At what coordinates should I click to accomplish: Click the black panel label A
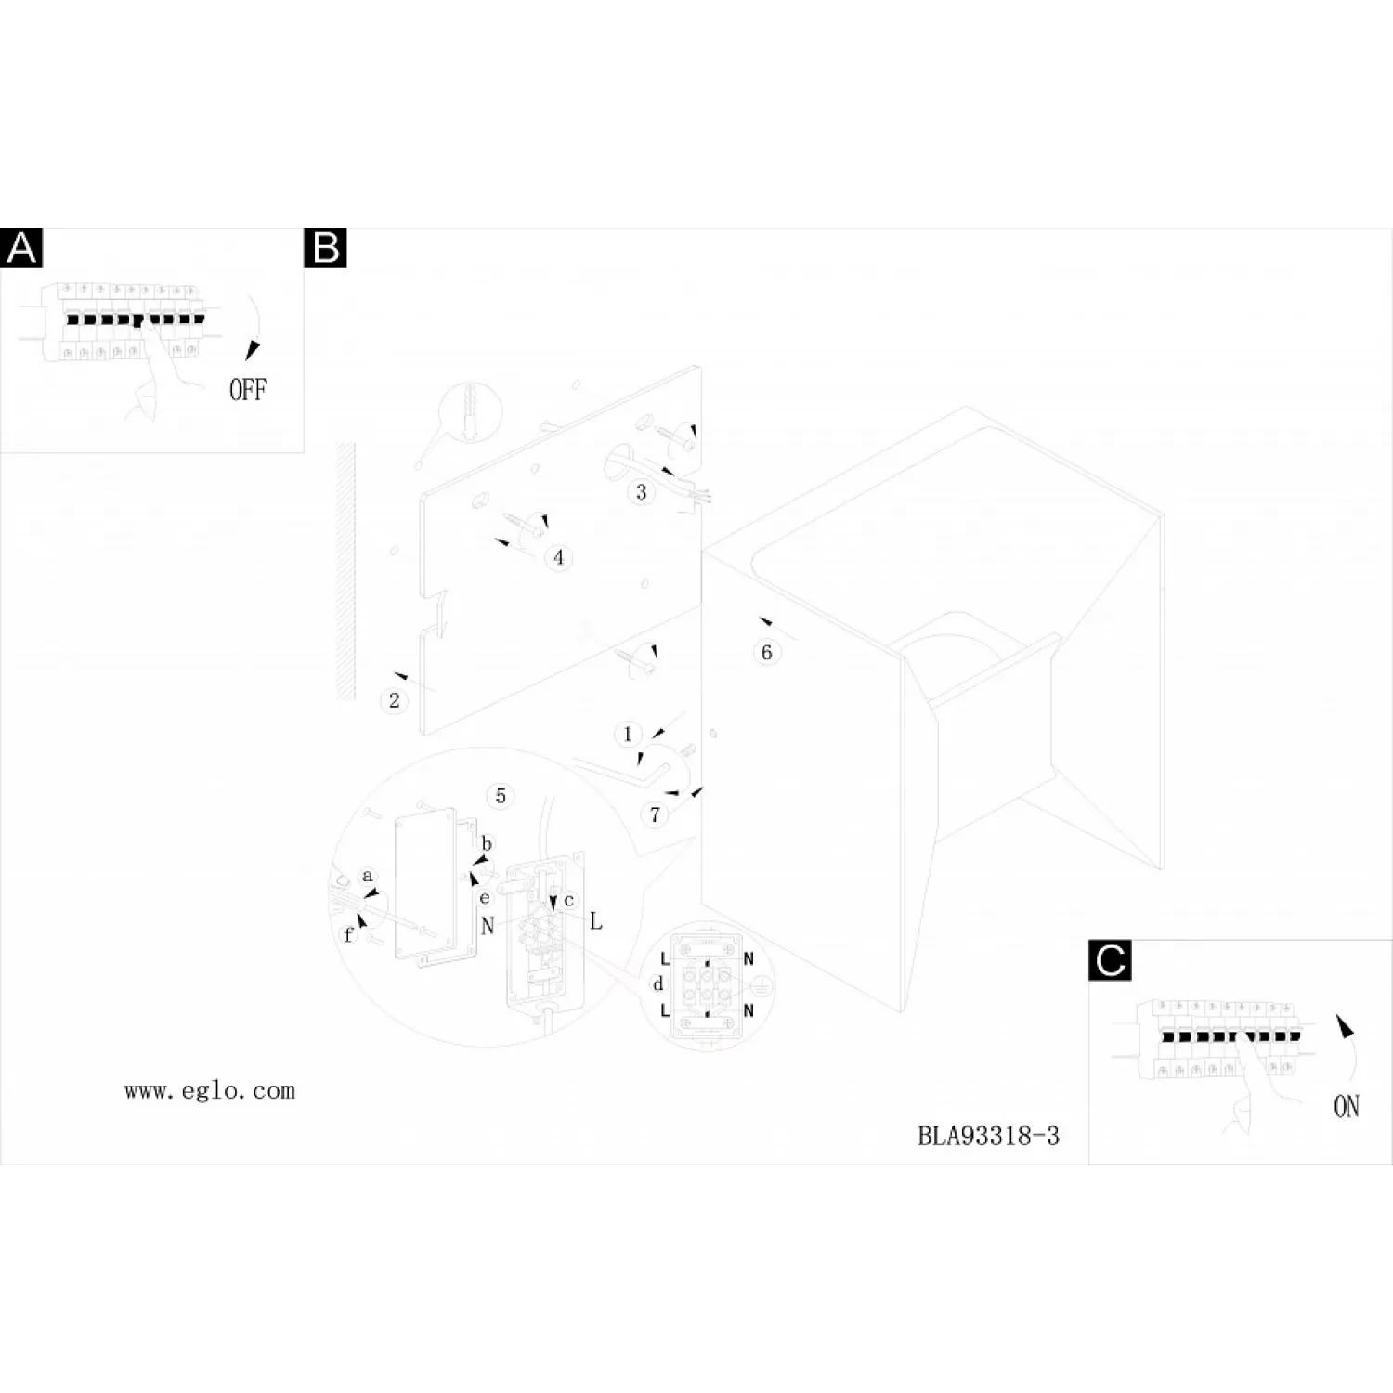click(x=21, y=248)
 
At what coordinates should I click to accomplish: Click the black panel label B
click(x=325, y=248)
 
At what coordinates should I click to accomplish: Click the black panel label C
click(x=1110, y=959)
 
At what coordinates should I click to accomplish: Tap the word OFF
click(x=248, y=390)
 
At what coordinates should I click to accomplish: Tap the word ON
click(x=1347, y=1107)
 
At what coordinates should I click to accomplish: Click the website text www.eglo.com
click(x=210, y=1091)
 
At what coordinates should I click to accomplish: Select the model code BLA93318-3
click(x=988, y=1136)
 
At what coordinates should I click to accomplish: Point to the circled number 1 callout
click(x=628, y=734)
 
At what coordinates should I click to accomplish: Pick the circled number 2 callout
click(x=395, y=700)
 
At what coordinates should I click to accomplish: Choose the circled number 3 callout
click(x=641, y=492)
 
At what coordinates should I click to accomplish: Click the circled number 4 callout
click(x=558, y=557)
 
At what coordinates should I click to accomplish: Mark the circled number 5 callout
click(x=501, y=796)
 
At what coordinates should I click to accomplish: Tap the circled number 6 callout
click(x=766, y=653)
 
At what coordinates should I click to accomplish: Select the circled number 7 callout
click(x=655, y=815)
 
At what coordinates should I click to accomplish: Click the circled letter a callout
click(x=368, y=876)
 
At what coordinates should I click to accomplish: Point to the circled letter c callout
click(x=569, y=900)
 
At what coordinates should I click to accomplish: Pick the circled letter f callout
click(x=348, y=934)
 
